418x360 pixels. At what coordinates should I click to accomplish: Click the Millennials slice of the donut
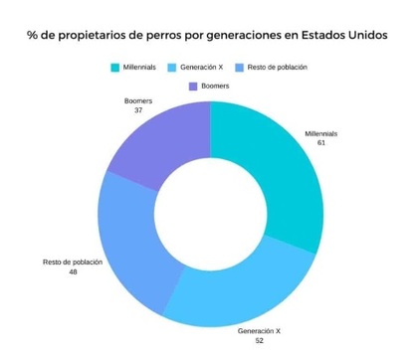coord(279,169)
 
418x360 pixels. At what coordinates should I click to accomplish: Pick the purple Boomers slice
coord(154,139)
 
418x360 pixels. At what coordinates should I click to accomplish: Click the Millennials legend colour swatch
coord(116,68)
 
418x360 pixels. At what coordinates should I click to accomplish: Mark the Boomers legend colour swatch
coord(192,87)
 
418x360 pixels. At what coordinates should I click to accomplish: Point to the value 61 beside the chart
coord(320,143)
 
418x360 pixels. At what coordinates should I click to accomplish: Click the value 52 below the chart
coord(259,339)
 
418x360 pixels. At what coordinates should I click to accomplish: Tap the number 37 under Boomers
coord(138,110)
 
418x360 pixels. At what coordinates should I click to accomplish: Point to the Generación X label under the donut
coord(259,329)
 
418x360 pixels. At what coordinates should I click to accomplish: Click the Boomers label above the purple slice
coord(138,100)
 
